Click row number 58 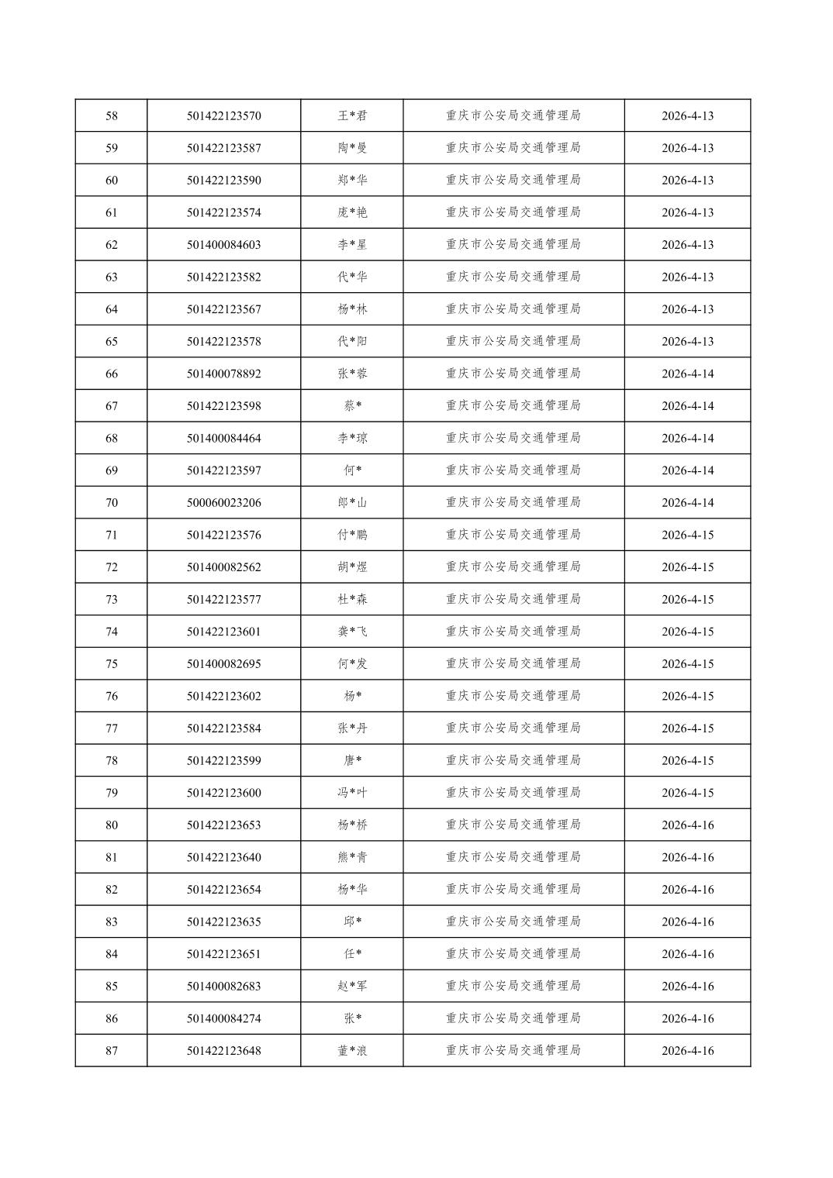coord(112,116)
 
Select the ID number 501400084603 coord(223,245)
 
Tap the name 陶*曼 coord(352,148)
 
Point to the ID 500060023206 coord(223,503)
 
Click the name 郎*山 coord(352,503)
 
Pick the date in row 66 coord(687,374)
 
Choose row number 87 coord(112,1051)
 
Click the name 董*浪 coord(352,1051)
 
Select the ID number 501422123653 coord(223,825)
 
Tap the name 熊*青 coord(352,857)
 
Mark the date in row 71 coord(687,535)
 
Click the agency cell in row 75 coord(513,664)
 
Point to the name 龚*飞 coord(352,632)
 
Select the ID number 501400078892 coord(223,374)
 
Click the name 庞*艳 coord(352,212)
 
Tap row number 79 coord(112,793)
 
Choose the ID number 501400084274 coord(223,1018)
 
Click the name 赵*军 coord(352,987)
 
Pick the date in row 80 coord(687,825)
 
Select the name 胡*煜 coord(352,567)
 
